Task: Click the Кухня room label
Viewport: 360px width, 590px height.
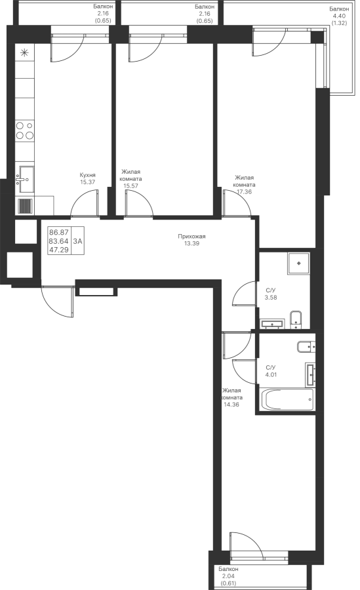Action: [87, 175]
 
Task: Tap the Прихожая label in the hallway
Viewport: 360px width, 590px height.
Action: [191, 236]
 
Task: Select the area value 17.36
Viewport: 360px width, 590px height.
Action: [244, 191]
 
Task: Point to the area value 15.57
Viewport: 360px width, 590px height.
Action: [131, 186]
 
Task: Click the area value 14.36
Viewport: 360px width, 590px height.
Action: [231, 404]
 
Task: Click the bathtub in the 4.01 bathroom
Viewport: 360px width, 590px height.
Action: [286, 400]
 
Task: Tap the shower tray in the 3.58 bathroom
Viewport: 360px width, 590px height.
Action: [299, 264]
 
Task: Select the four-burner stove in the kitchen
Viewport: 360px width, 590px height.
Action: [25, 130]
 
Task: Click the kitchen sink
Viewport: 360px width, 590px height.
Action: [25, 180]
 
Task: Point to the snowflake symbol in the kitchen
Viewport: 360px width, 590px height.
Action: [24, 52]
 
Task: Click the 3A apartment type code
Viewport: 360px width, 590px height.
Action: [77, 241]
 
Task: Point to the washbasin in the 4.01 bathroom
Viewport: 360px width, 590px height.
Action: [310, 374]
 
